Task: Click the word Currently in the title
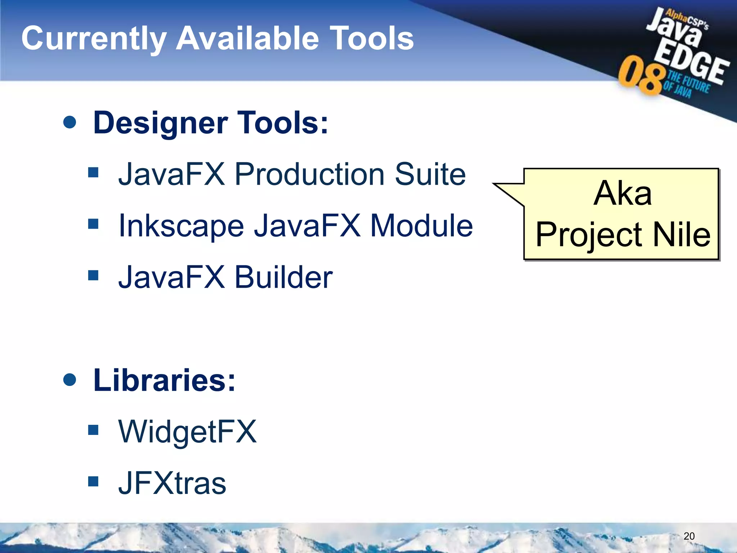tap(94, 39)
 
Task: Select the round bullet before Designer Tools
tap(69, 122)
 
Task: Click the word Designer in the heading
tap(160, 123)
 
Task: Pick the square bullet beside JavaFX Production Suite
tap(93, 173)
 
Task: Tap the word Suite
tap(430, 174)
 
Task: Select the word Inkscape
tap(181, 226)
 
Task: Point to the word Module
tap(421, 226)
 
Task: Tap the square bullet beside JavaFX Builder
tap(93, 275)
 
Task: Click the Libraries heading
tap(164, 380)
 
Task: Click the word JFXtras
tap(172, 483)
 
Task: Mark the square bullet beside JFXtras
tap(93, 481)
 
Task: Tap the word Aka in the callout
tap(622, 193)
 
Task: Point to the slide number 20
tap(689, 536)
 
